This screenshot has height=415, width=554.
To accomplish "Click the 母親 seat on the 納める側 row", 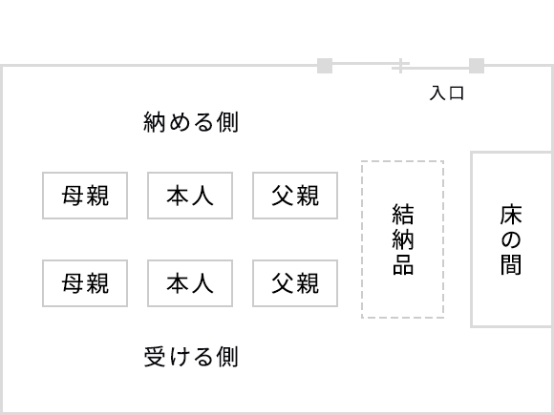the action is [x=85, y=196].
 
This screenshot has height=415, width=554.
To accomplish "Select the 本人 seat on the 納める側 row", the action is [x=190, y=196].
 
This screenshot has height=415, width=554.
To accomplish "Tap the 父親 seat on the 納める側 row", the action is [x=295, y=196].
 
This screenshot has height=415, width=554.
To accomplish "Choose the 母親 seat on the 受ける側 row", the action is [x=85, y=283].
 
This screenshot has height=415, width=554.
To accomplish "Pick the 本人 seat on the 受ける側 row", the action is [x=190, y=283].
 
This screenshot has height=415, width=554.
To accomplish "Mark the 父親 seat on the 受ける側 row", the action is [x=295, y=283].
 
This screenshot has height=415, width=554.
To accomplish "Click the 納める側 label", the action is [x=191, y=122].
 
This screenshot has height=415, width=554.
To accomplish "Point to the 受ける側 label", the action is [x=191, y=357].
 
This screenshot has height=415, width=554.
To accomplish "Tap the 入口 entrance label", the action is [x=447, y=93].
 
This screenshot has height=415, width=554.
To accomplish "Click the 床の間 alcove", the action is [x=511, y=239].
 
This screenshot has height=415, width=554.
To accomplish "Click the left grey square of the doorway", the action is [x=325, y=66].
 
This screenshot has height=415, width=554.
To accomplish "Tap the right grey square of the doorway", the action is [x=477, y=66].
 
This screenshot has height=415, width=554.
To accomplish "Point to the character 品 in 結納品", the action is [x=403, y=264].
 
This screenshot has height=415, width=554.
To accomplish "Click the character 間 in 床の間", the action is [x=511, y=264].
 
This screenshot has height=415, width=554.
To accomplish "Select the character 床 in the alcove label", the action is [x=511, y=214].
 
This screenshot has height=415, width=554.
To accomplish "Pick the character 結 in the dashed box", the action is [x=403, y=214].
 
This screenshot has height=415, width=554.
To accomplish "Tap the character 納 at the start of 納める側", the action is [x=155, y=122].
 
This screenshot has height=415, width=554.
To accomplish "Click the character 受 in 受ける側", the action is [x=155, y=357].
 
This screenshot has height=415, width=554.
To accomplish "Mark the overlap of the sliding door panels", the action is [x=400, y=66].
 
